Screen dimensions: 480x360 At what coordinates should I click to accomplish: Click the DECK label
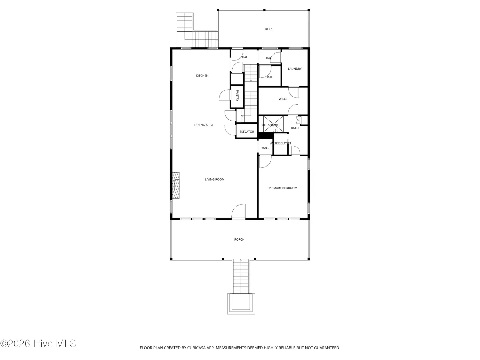(268, 29)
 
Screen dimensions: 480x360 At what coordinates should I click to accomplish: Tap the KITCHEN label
(202, 76)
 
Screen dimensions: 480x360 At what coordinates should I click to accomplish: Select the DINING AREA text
(203, 125)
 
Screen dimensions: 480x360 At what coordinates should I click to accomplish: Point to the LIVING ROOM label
(214, 179)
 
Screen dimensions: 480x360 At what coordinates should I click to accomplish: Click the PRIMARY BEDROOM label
(283, 188)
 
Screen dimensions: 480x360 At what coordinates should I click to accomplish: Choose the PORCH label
(239, 239)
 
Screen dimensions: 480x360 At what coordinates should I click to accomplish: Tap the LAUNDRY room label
(295, 69)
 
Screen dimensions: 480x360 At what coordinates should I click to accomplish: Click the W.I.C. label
(282, 99)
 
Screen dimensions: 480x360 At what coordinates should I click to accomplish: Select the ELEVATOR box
(246, 131)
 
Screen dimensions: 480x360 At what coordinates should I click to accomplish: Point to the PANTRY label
(237, 96)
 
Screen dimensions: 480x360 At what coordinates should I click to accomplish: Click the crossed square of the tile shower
(273, 124)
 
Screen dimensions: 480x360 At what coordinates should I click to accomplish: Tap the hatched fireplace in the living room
(176, 185)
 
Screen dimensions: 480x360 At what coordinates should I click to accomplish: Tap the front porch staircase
(241, 276)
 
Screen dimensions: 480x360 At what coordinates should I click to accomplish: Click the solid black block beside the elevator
(265, 136)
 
